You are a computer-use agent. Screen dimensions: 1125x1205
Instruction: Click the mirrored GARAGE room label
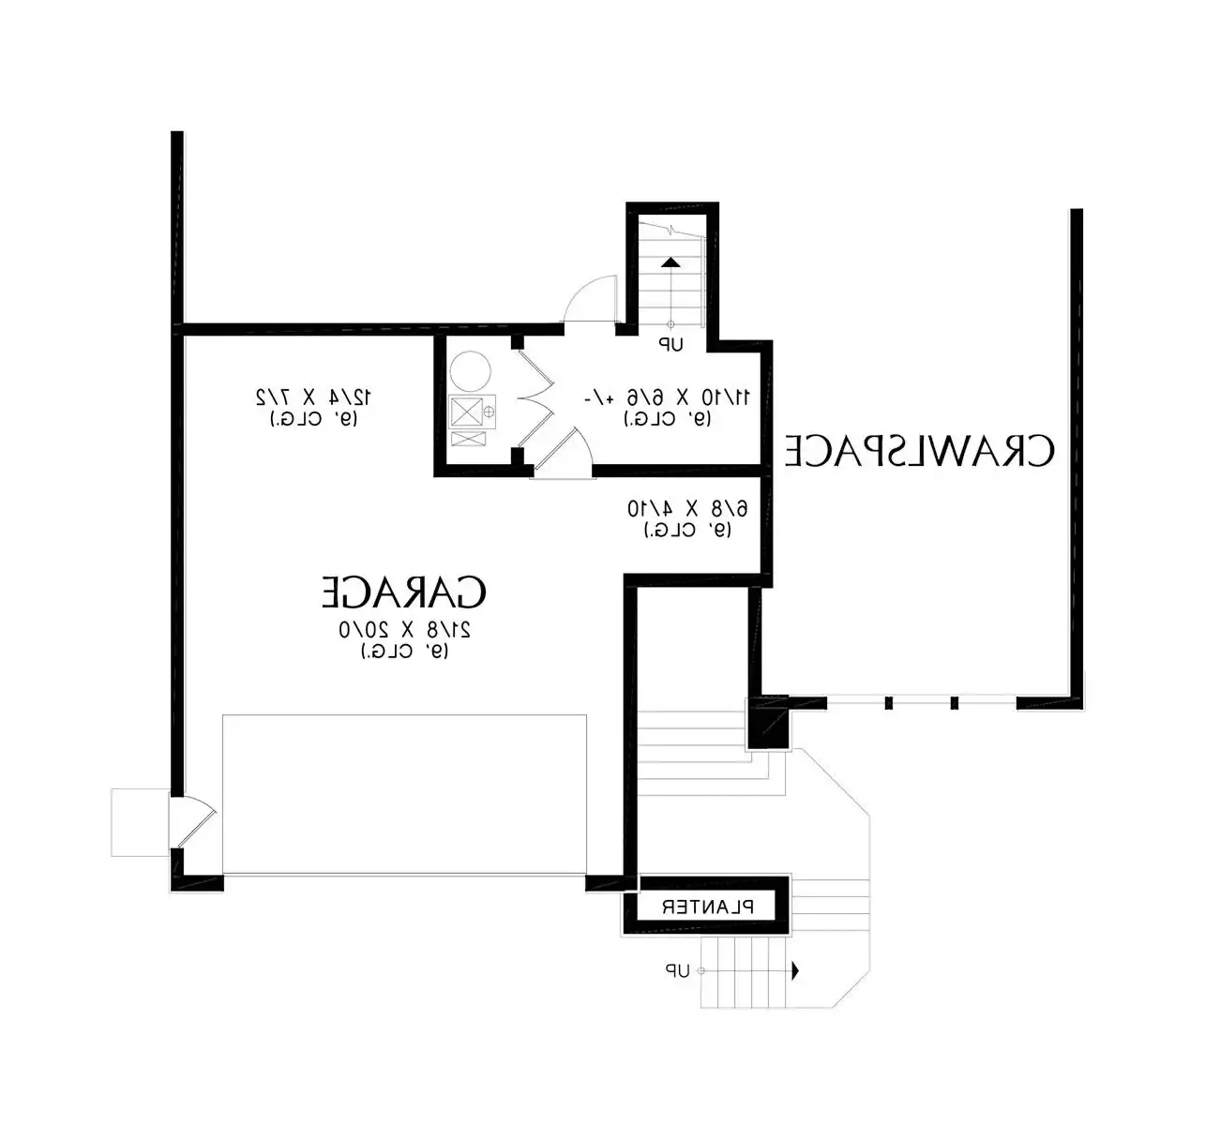point(404,592)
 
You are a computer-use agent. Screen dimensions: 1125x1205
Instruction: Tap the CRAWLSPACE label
point(919,451)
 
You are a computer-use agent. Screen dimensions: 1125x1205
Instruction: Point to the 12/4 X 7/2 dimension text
point(314,397)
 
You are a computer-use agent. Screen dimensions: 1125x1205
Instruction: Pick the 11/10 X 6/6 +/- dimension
point(667,398)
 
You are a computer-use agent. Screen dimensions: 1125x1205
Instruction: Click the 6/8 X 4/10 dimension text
point(687,509)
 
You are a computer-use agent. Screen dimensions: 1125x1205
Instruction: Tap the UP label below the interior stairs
point(670,345)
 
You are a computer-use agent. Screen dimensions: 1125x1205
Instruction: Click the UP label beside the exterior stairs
point(677,971)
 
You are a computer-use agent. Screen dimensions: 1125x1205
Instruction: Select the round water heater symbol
point(469,371)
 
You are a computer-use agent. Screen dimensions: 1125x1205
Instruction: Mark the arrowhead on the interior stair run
point(670,263)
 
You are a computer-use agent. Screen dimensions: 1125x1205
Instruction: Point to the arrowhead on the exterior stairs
point(795,971)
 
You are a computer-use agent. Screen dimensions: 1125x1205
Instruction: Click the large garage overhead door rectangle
point(404,795)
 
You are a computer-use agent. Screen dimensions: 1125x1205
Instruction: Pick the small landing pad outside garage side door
point(139,822)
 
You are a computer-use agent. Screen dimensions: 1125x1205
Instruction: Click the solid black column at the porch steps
point(769,725)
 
